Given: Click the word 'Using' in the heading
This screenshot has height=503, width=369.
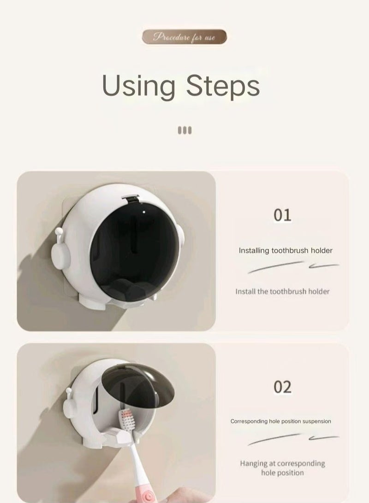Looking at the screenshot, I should pyautogui.click(x=138, y=86).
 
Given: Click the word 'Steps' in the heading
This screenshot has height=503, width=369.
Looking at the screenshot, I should pyautogui.click(x=223, y=86).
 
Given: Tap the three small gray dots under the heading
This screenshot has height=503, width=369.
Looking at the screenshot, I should pyautogui.click(x=184, y=130).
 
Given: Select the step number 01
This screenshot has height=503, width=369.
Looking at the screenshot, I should pyautogui.click(x=282, y=215).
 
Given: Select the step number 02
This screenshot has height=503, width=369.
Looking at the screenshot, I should pyautogui.click(x=282, y=387).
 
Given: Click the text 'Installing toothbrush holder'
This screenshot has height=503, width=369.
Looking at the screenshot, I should pyautogui.click(x=286, y=251).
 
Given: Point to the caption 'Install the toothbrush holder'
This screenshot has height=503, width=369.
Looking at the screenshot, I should pyautogui.click(x=282, y=291).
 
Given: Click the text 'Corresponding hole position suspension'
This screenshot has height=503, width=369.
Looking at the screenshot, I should pyautogui.click(x=280, y=421).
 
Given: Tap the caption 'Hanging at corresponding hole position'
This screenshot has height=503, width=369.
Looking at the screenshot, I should pyautogui.click(x=282, y=468).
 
